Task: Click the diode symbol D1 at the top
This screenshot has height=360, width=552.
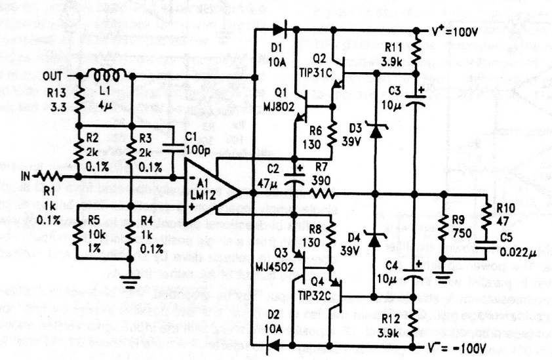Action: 279,30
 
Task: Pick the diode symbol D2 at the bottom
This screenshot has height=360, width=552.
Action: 278,342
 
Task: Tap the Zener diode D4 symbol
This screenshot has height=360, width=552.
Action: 375,241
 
